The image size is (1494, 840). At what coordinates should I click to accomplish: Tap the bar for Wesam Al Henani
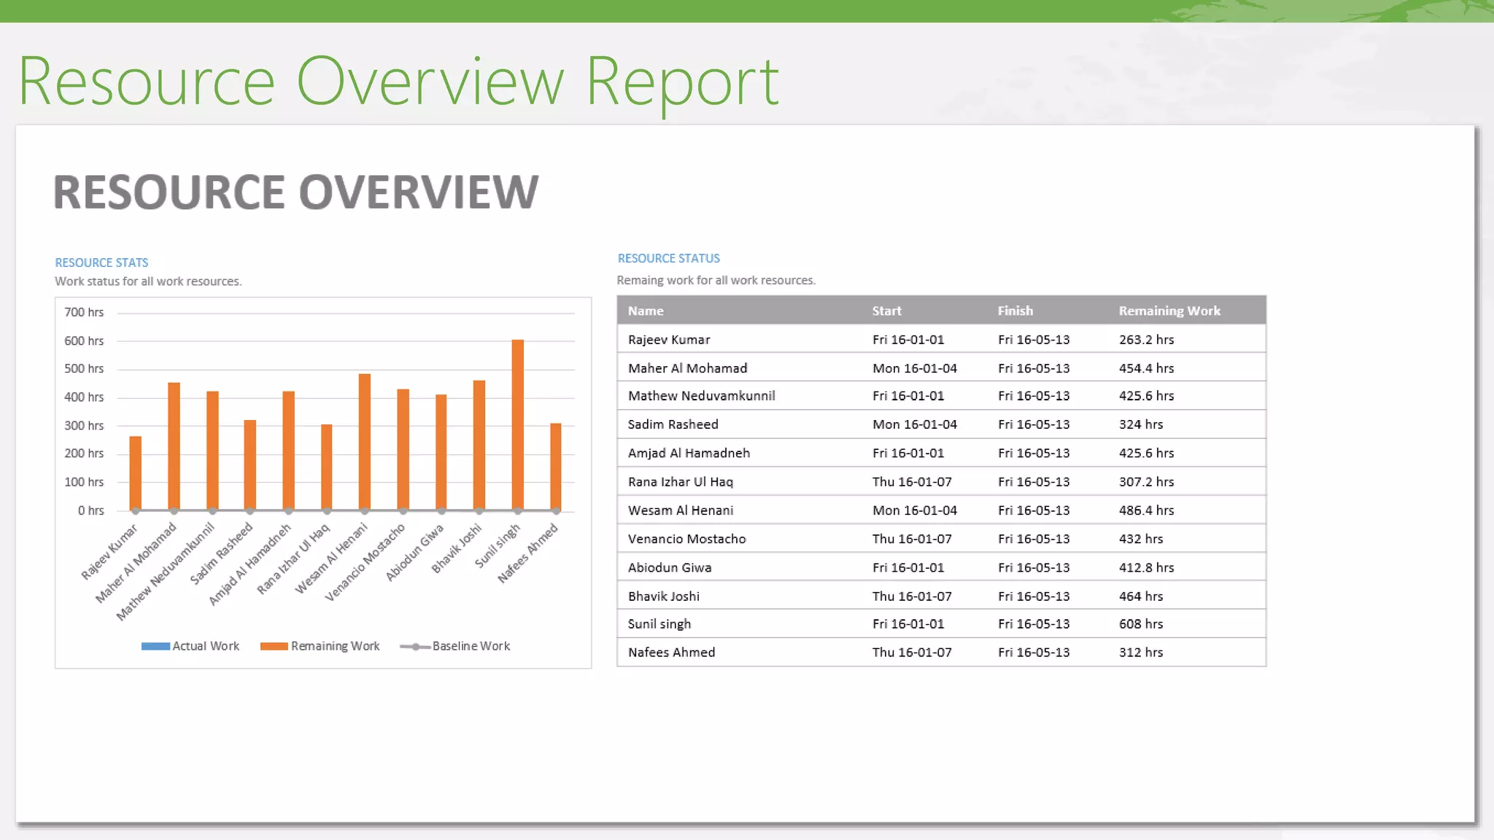(365, 441)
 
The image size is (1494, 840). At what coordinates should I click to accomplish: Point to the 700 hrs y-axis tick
(84, 312)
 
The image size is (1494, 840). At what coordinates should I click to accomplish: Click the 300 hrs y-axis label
(84, 425)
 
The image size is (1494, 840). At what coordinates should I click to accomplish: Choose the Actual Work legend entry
(190, 646)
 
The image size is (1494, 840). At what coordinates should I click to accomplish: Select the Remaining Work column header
(1169, 311)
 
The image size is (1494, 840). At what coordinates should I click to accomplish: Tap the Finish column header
(1015, 311)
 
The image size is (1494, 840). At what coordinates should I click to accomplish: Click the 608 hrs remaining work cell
(1141, 624)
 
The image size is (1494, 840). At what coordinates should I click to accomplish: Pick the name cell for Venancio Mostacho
(686, 539)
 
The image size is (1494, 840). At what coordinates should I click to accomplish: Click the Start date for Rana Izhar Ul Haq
(911, 482)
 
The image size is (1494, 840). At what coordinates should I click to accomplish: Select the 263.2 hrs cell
(1146, 340)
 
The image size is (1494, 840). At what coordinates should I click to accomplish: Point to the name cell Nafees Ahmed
(671, 653)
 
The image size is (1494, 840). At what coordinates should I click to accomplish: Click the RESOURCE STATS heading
(101, 262)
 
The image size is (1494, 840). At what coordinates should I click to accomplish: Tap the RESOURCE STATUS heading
(668, 258)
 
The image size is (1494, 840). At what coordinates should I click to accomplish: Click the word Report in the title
(681, 82)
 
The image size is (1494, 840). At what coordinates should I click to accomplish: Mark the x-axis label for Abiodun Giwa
(415, 552)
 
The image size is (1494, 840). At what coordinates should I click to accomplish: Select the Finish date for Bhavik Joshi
(1034, 596)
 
